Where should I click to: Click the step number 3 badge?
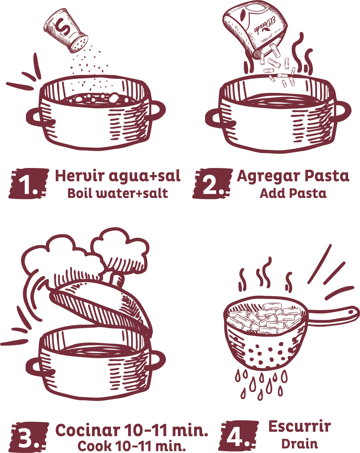point(28,436)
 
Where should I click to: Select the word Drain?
point(299,444)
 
